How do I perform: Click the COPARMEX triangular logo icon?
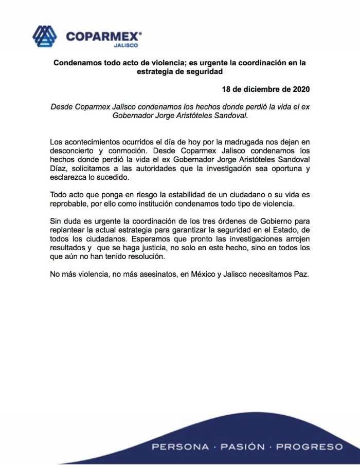(x=45, y=36)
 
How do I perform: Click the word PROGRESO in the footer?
(x=310, y=447)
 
